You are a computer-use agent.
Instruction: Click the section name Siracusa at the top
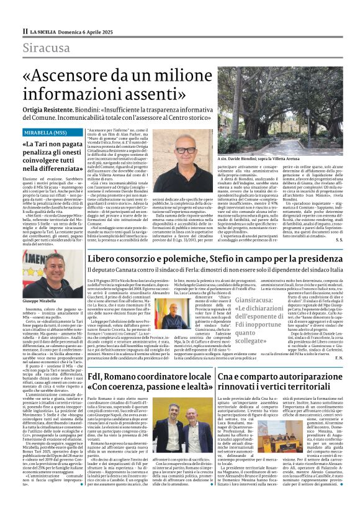pos(47,48)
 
